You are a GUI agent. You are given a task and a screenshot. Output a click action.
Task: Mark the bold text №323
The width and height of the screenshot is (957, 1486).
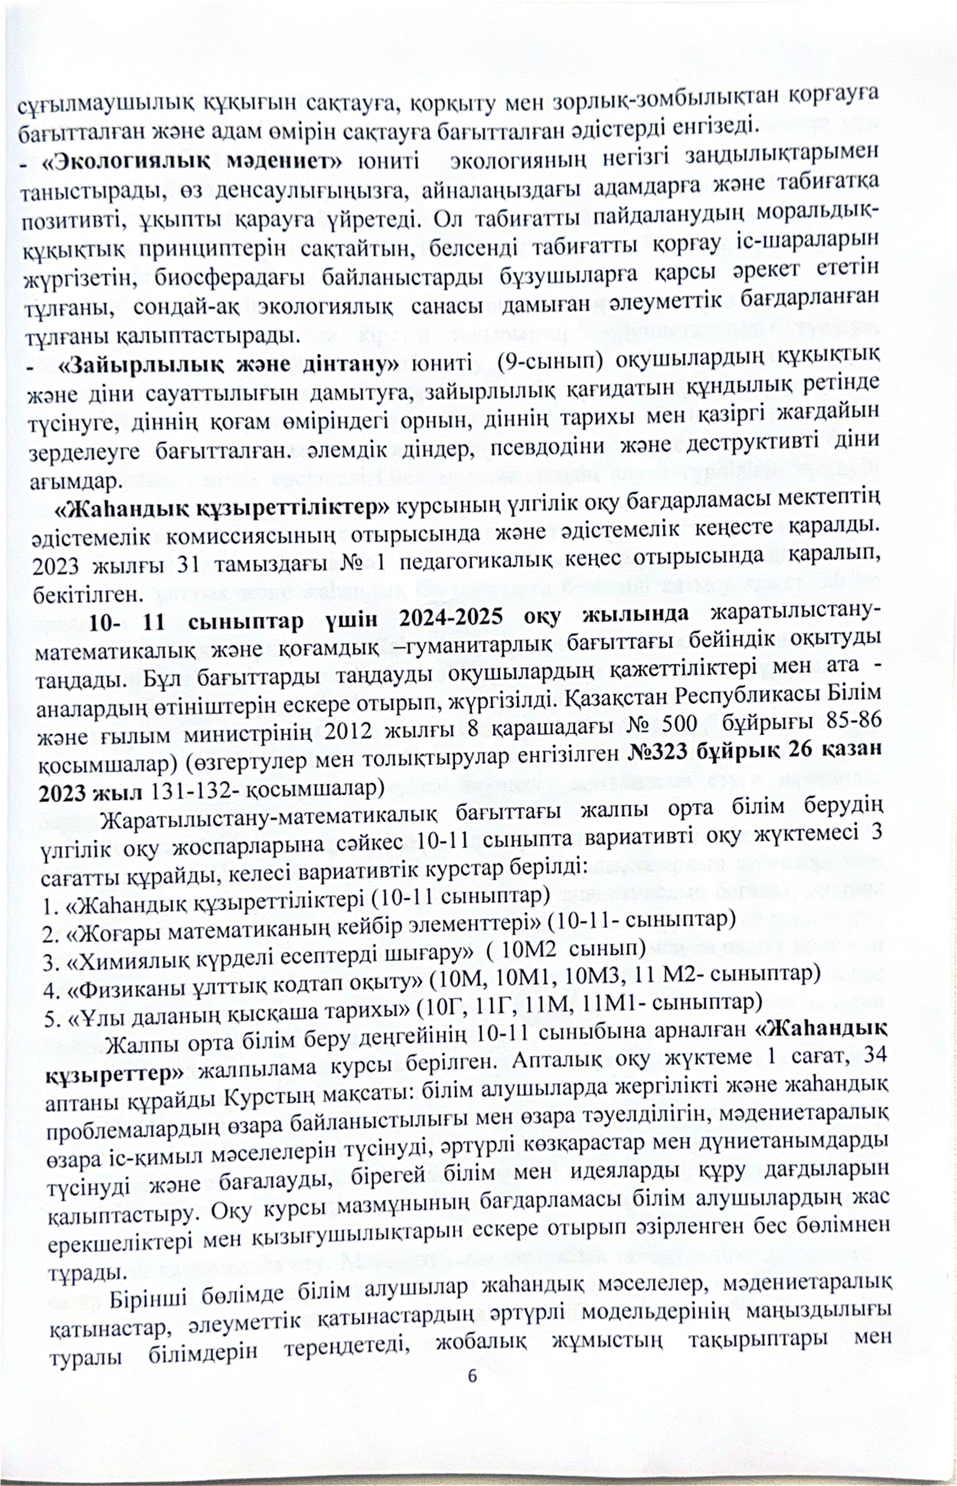[661, 750]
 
